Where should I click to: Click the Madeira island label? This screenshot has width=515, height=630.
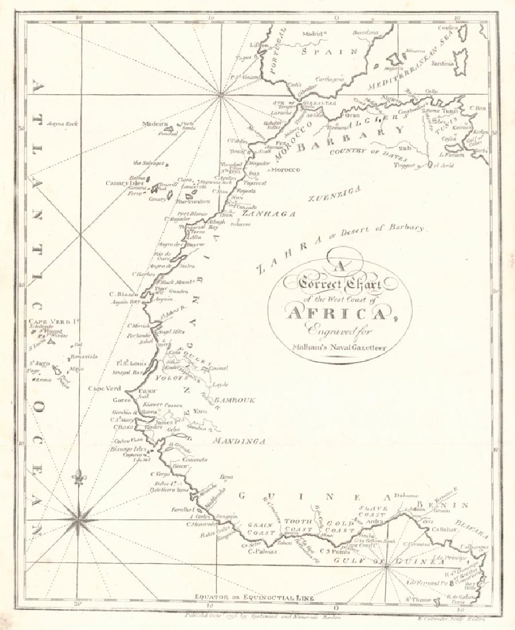tap(155, 124)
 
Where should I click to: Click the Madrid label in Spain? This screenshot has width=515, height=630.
tap(313, 34)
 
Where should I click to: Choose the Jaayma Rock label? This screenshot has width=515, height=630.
tap(62, 123)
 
